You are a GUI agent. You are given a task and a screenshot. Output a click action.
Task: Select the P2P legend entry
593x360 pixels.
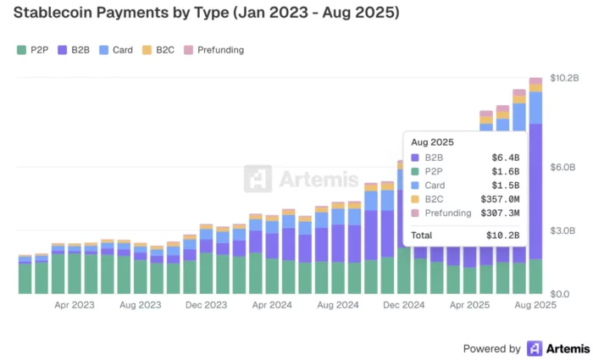coord(33,50)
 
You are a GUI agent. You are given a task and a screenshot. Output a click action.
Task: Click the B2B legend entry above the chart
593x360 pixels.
coord(74,50)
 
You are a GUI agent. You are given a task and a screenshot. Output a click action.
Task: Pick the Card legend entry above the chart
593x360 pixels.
coord(115,50)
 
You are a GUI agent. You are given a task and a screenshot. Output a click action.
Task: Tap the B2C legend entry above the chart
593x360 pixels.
coord(158,50)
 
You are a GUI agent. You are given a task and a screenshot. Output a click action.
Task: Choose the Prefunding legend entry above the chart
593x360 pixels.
coord(213,50)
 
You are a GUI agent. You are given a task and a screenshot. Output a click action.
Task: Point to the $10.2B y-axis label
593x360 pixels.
coord(564,78)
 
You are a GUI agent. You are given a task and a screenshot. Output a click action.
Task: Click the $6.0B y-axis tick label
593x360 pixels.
coord(563,167)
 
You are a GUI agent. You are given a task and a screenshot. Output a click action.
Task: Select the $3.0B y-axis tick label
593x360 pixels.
coord(563,230)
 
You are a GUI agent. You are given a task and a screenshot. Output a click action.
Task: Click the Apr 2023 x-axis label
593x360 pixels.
coord(75,305)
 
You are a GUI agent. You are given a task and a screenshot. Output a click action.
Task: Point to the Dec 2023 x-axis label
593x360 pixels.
coord(207,305)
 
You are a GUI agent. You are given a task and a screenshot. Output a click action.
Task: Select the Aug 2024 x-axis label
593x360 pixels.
coord(338,305)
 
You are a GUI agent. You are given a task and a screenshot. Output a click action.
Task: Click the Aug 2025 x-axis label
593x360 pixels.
coord(535,305)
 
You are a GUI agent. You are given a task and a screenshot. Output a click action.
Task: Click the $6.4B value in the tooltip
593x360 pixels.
coord(506,158)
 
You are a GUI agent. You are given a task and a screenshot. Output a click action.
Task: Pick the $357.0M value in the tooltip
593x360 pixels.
coord(500,199)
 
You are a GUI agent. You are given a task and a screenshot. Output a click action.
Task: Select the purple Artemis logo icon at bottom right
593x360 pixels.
coord(535,348)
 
